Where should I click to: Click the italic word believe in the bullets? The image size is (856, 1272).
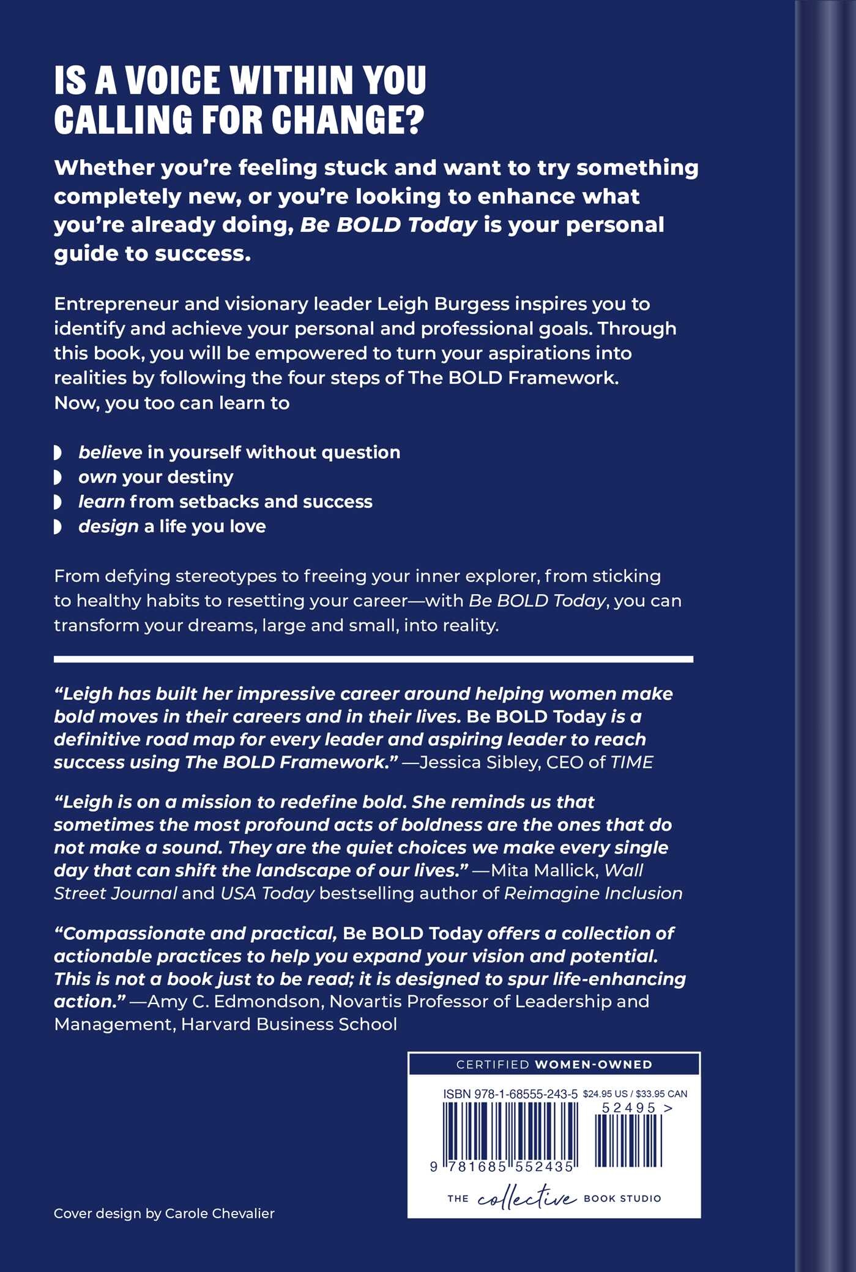[110, 453]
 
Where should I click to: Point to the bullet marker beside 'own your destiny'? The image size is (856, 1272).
[58, 477]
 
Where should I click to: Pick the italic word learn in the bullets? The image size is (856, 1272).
[102, 502]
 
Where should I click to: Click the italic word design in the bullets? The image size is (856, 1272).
[108, 527]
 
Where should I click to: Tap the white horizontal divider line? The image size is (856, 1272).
[373, 659]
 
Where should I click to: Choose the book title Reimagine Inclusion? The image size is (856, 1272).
[593, 893]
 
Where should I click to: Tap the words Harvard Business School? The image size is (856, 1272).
[289, 1024]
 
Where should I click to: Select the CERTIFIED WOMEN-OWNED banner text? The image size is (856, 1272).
[554, 1065]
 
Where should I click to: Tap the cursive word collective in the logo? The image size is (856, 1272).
[526, 1197]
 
